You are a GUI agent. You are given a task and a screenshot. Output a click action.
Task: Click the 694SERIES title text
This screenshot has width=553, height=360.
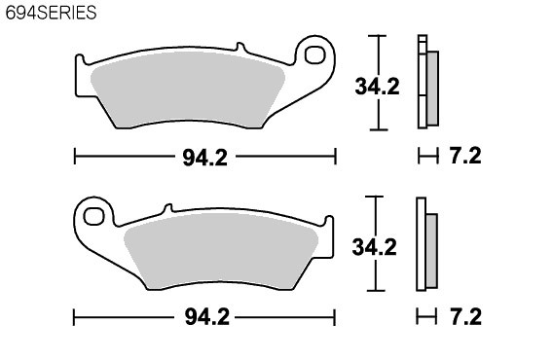tap(52, 13)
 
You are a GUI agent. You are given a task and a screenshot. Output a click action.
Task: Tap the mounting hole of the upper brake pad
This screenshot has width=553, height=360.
tap(314, 55)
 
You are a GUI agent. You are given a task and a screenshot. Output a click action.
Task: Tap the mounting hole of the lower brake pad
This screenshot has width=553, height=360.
tap(93, 216)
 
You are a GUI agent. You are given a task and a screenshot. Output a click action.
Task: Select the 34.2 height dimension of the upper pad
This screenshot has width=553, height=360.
tap(377, 87)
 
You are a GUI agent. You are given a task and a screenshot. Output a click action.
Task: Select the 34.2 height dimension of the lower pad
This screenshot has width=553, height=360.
tap(374, 247)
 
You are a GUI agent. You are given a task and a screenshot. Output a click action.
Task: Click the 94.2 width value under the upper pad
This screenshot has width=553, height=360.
tap(204, 158)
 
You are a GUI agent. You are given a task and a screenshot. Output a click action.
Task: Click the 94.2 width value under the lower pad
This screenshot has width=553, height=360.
tap(207, 317)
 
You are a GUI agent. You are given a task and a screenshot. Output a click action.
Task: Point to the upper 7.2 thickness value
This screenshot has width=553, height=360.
tap(465, 156)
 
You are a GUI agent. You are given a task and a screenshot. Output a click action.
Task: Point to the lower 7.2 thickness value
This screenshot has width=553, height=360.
tap(465, 316)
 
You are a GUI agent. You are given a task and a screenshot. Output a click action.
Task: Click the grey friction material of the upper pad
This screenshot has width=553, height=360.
tap(187, 90)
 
